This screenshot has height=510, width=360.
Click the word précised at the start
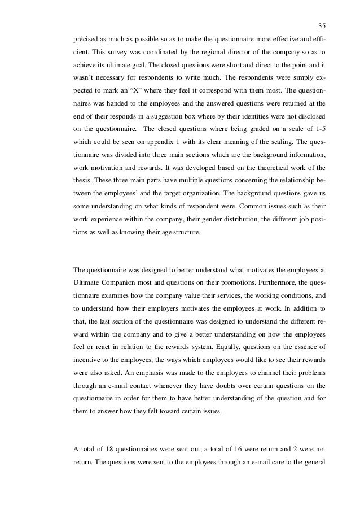coord(87,40)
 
